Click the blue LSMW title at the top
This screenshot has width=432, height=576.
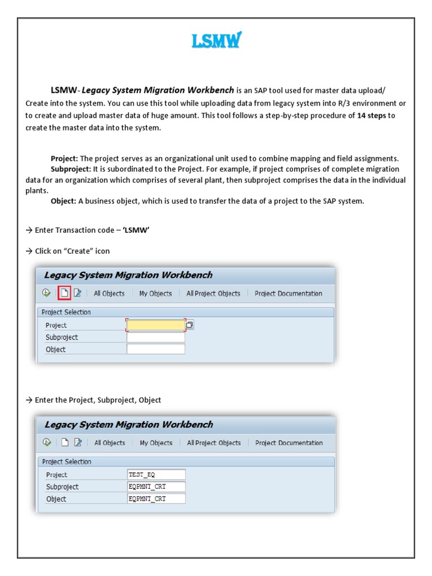216,41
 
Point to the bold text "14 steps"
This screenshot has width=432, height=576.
372,116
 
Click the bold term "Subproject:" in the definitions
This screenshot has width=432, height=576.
70,169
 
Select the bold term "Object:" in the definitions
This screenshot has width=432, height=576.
63,201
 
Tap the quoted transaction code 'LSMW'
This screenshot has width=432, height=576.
136,229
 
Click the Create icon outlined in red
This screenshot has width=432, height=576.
64,293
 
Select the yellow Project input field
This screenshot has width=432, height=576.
156,325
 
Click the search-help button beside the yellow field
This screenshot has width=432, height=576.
190,325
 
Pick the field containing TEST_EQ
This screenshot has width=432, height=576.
156,475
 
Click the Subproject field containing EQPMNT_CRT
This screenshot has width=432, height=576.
156,487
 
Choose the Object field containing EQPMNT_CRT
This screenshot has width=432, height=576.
156,499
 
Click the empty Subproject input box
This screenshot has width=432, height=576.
156,337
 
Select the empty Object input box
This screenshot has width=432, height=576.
156,349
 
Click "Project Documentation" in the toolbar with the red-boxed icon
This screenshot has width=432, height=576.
288,294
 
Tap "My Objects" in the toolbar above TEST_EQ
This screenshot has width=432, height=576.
156,443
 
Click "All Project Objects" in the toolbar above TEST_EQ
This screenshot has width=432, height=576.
214,443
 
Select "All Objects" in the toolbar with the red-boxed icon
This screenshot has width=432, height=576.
109,294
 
